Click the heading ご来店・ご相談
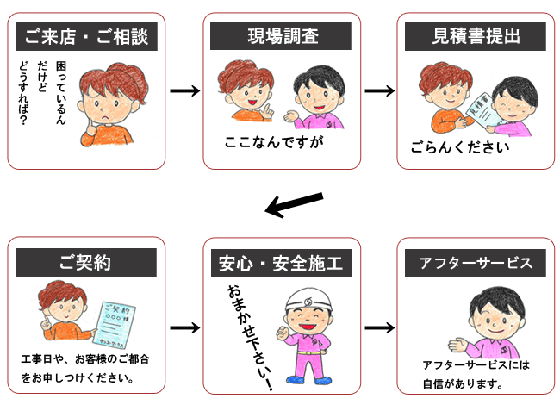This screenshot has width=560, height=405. pyautogui.click(x=86, y=36)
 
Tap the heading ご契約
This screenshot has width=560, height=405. pyautogui.click(x=86, y=262)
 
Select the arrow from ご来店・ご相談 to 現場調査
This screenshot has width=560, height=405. pyautogui.click(x=184, y=90)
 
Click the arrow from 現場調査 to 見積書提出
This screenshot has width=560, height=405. pyautogui.click(x=379, y=90)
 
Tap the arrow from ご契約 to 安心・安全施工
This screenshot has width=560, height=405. pyautogui.click(x=184, y=328)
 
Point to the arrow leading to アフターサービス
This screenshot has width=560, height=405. pyautogui.click(x=379, y=328)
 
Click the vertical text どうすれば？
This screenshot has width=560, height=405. pyautogui.click(x=23, y=95)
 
